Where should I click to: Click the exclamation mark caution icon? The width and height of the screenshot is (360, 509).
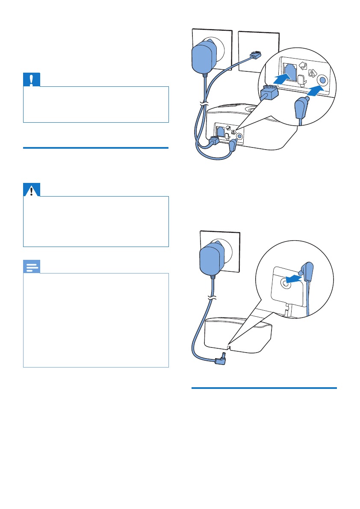click(31, 80)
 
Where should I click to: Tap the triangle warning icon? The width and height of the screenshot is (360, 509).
click(31, 190)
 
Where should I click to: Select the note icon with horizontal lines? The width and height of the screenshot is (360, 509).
click(31, 267)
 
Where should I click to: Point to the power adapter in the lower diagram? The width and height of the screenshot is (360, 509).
click(212, 258)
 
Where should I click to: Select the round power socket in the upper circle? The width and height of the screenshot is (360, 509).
click(322, 80)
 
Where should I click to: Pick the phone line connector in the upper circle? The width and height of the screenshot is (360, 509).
click(268, 91)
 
